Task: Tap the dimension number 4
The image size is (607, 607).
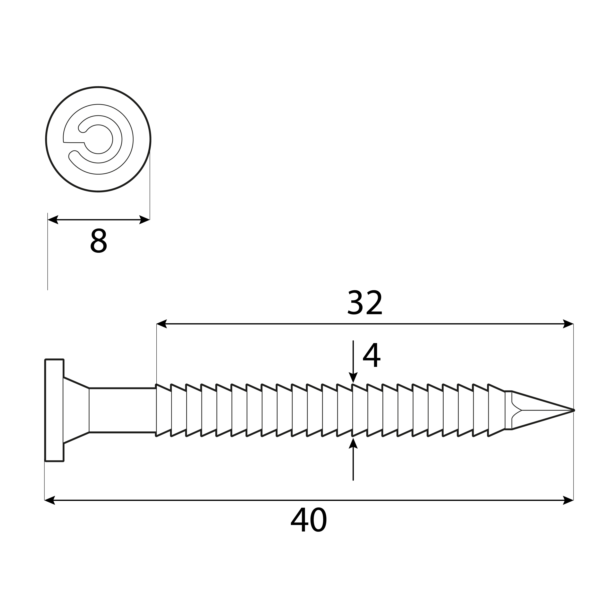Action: (371, 355)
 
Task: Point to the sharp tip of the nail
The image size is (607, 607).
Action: (573, 410)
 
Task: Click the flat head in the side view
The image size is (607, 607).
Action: (54, 410)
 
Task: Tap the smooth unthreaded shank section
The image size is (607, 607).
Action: (123, 410)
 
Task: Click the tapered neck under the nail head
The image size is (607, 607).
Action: (76, 410)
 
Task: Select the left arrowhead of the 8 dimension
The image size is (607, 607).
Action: (53, 220)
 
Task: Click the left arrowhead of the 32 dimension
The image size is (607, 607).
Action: (161, 324)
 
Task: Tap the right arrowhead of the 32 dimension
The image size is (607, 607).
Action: (568, 324)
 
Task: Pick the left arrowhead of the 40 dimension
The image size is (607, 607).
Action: (50, 500)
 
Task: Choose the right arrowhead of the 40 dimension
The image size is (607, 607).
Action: (568, 500)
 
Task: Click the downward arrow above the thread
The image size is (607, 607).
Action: (353, 377)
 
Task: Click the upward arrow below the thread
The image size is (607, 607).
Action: (353, 444)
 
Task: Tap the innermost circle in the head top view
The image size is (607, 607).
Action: (98, 139)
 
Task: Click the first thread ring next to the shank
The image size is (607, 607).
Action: (164, 410)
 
